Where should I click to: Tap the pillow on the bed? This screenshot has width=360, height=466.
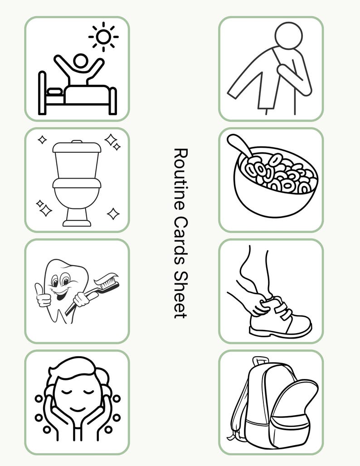click(x=55, y=91)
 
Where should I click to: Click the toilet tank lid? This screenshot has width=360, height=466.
click(x=77, y=147)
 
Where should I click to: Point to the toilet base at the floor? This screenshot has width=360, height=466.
click(x=77, y=223)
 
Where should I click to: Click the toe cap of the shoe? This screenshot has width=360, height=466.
click(x=301, y=324)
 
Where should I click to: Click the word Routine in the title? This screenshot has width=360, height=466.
click(x=180, y=177)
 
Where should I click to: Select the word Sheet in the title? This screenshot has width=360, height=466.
click(x=180, y=295)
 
